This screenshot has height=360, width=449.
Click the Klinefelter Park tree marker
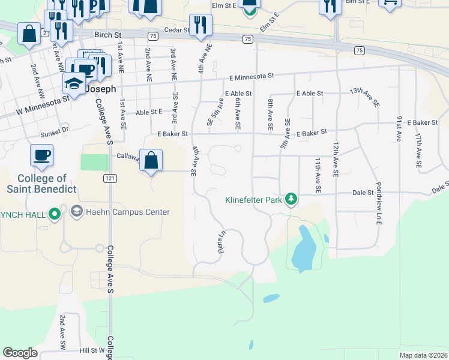pos(291,199)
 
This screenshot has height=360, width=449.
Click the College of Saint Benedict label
pos(42,184)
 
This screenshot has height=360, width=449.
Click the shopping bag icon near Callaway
pos(152,161)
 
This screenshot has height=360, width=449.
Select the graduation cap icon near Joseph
pos(74,83)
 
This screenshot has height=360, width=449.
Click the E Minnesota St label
pos(252,77)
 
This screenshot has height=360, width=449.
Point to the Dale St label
pos(363,193)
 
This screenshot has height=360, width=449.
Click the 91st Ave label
pos(398,128)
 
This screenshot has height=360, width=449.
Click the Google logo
pos(20,353)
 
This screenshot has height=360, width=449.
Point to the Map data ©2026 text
pos(423,355)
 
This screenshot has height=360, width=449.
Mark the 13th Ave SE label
pos(365,97)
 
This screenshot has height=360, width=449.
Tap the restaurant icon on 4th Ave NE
pos(199,25)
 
